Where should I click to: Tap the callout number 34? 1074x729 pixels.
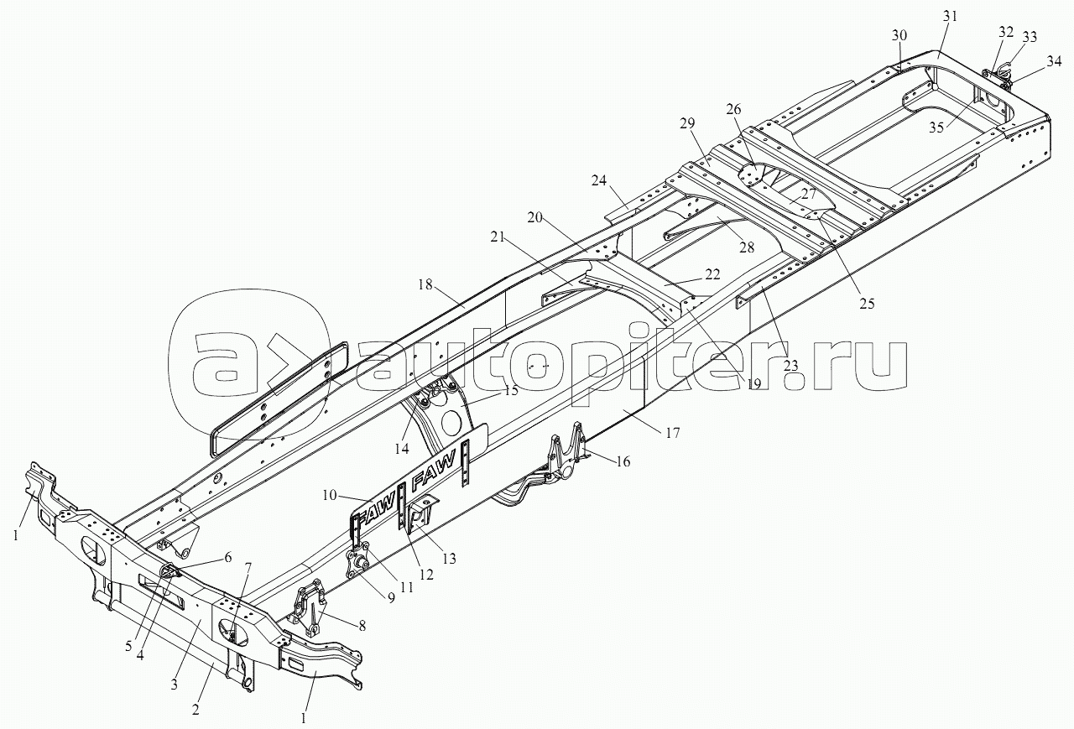(1053, 62)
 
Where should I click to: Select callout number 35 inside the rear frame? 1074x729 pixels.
(936, 128)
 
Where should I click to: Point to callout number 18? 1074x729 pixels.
(425, 284)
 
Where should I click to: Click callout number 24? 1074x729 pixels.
(599, 180)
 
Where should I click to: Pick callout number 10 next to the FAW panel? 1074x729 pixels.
(330, 495)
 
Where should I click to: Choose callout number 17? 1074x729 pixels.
(672, 433)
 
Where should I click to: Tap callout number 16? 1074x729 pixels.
(623, 461)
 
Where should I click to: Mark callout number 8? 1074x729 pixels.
(362, 626)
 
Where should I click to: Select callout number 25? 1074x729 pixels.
(867, 304)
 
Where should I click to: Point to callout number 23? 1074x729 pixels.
(790, 366)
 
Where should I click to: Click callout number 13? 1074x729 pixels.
(448, 559)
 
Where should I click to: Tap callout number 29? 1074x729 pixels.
(686, 124)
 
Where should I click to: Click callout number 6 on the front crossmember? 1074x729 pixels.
(227, 557)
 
